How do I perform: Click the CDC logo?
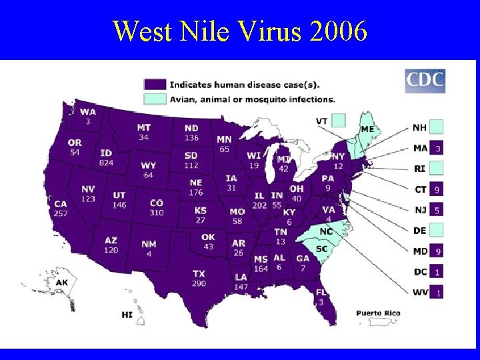click(425, 81)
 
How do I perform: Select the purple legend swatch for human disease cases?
click(155, 85)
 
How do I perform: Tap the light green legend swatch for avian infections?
click(155, 99)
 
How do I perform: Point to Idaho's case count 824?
click(106, 163)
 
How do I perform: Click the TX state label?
click(199, 274)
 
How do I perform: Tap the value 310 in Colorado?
click(157, 213)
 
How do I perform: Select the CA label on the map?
click(61, 204)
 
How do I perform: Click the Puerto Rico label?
click(378, 313)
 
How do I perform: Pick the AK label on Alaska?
click(61, 283)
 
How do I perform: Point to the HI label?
click(127, 314)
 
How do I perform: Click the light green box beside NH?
click(437, 127)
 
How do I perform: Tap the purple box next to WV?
click(437, 292)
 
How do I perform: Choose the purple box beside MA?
click(437, 147)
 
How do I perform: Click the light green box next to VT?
click(339, 121)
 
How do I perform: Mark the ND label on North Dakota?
click(191, 129)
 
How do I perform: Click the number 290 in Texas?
click(199, 283)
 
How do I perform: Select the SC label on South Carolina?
click(321, 249)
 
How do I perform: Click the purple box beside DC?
click(437, 272)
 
